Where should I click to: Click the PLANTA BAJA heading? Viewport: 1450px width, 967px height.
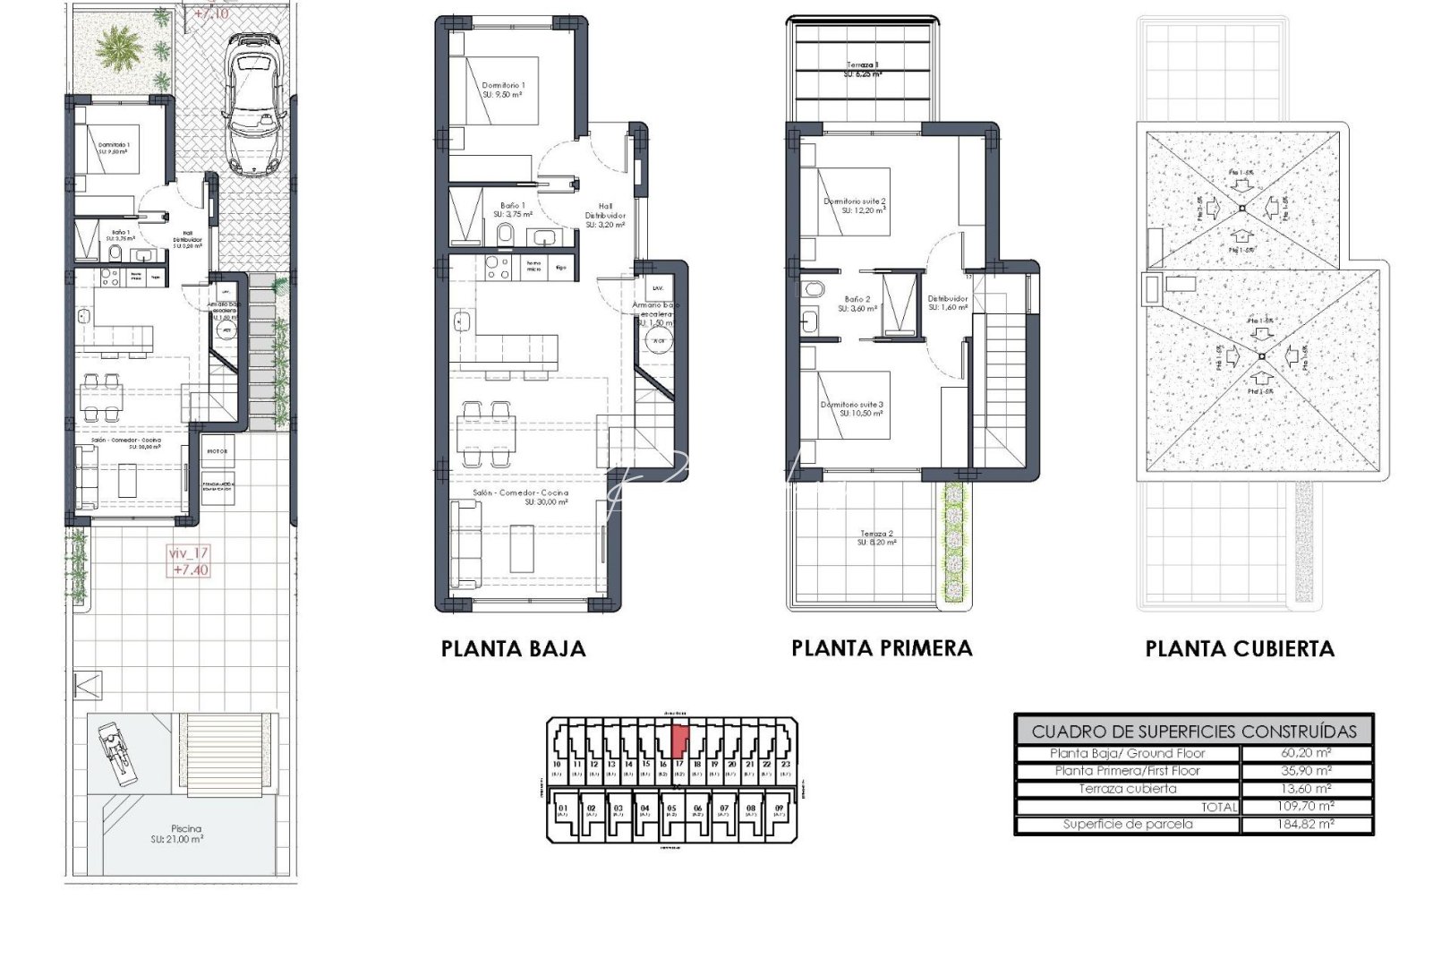coord(513,649)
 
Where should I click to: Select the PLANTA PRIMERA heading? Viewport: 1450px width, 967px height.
coord(882,648)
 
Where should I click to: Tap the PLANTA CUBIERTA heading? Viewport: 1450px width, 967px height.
coord(1240,649)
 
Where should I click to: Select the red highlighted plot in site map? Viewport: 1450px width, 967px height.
coord(679,740)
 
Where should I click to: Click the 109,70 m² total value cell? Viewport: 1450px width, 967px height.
coord(1306,806)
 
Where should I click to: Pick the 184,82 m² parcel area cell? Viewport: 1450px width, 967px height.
coord(1306,824)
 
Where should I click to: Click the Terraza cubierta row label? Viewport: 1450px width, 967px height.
coord(1127,789)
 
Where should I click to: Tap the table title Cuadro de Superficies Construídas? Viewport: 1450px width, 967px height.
coord(1193,731)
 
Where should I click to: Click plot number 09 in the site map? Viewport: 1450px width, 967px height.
coord(779,809)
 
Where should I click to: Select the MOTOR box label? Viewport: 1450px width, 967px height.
coord(217,451)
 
